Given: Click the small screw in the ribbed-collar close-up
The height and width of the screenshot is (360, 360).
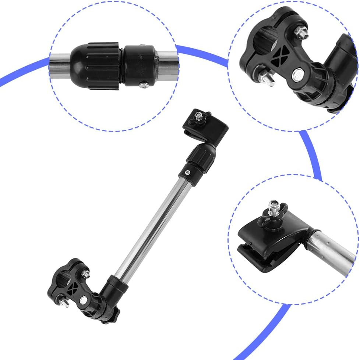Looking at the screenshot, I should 144,85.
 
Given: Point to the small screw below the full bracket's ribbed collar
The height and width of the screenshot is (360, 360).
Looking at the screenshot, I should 188,172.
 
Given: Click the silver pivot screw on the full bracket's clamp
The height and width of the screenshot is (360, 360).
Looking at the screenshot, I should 84,299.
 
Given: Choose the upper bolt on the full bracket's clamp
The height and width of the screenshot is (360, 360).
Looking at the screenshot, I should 85,273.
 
